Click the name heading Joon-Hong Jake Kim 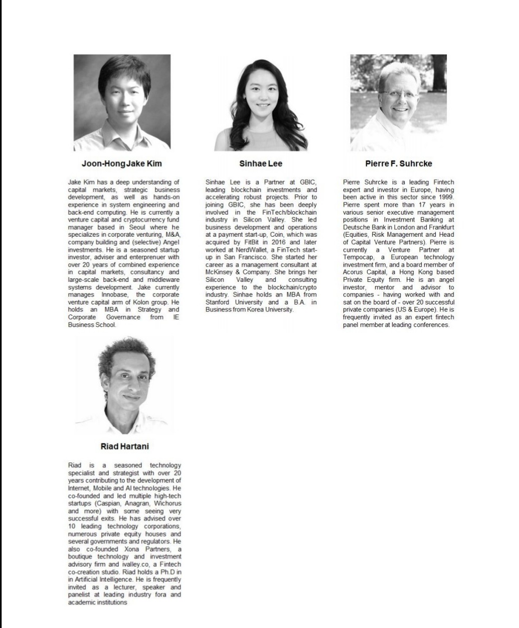[122, 164]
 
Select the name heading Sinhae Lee [261, 164]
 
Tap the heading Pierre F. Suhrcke [399, 164]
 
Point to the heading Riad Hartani [125, 446]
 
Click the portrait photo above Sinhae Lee [261, 105]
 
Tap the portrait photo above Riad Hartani [125, 385]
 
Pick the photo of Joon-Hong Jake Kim [122, 103]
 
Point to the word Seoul [137, 227]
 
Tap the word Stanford [217, 302]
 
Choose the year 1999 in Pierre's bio [446, 197]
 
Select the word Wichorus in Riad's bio [167, 503]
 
